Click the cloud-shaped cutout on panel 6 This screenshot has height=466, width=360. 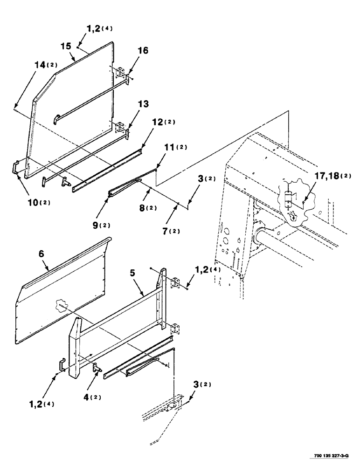pyautogui.click(x=61, y=306)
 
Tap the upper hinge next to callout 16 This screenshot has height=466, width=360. pyautogui.click(x=120, y=73)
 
